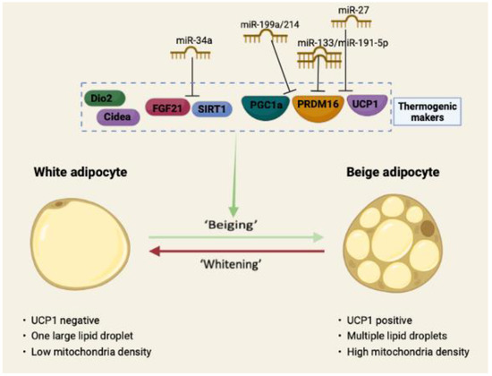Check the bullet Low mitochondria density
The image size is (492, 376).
(89, 351)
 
